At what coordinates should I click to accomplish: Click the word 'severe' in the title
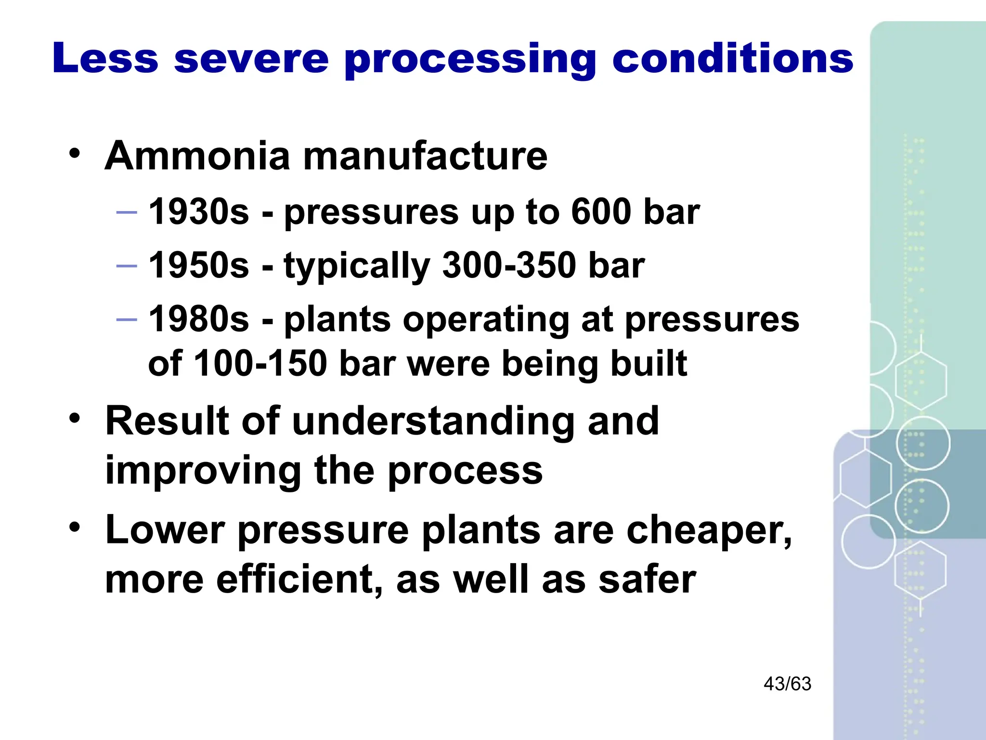251,59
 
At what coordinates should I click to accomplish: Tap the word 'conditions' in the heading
732,59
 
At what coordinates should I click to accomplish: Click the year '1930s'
199,212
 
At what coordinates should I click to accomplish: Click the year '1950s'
199,265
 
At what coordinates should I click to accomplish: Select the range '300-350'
509,265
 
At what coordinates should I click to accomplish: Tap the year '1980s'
199,319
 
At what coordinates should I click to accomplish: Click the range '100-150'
260,363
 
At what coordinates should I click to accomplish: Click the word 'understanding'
433,421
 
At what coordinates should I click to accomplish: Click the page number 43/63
787,684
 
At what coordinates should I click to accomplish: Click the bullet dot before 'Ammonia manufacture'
74,155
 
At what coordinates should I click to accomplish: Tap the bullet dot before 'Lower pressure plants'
74,527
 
